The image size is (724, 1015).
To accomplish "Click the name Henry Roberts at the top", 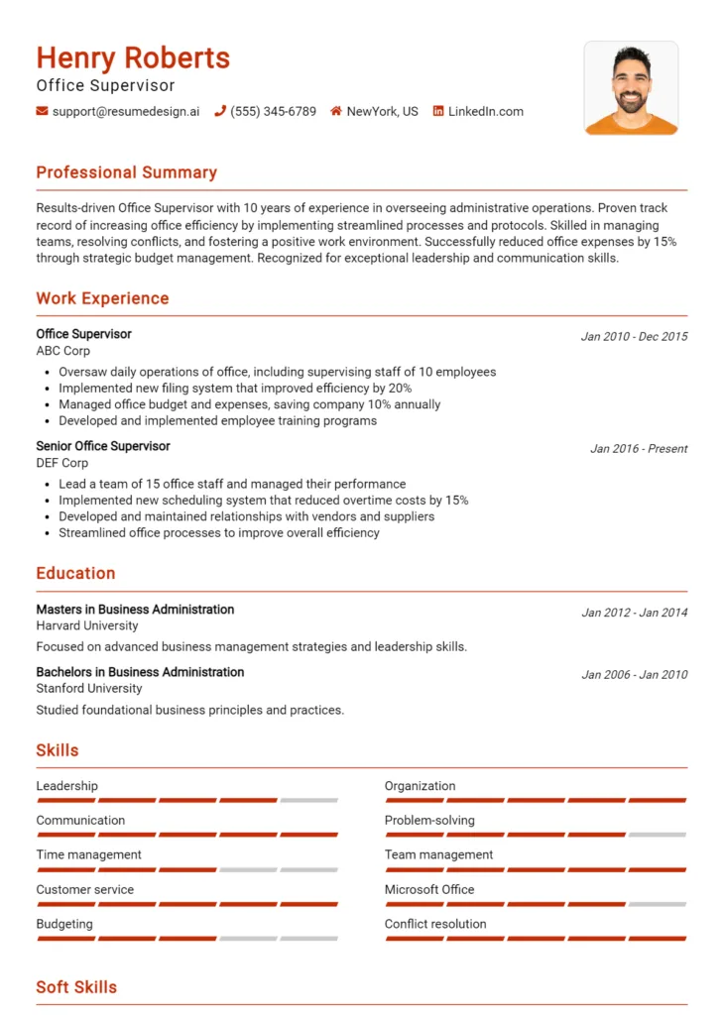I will (133, 58).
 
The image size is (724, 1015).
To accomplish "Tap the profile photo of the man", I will (631, 88).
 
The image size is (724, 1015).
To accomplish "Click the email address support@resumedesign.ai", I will (125, 112).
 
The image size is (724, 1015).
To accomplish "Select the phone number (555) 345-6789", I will (273, 112).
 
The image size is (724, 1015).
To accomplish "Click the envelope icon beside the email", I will (42, 112).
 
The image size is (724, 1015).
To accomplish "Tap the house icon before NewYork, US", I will (336, 112).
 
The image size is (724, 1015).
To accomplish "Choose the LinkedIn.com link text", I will (485, 112).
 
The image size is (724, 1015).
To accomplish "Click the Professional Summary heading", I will (126, 172).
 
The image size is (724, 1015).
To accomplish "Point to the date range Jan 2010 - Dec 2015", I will (634, 337).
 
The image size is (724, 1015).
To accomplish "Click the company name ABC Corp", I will (62, 351).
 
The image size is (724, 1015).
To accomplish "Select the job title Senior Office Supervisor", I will (103, 446).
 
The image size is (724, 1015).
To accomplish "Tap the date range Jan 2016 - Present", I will (639, 449).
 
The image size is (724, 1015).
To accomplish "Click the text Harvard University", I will (87, 625).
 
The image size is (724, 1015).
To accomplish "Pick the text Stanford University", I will (89, 688).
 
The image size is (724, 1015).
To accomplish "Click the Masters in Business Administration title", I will (135, 610).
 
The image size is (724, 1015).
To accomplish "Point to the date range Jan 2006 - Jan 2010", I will (634, 675).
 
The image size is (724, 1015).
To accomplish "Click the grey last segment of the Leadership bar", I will (308, 800).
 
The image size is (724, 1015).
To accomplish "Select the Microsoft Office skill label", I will (429, 889).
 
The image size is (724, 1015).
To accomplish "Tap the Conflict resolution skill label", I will (435, 924).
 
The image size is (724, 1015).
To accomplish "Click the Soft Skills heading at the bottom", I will (76, 987).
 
